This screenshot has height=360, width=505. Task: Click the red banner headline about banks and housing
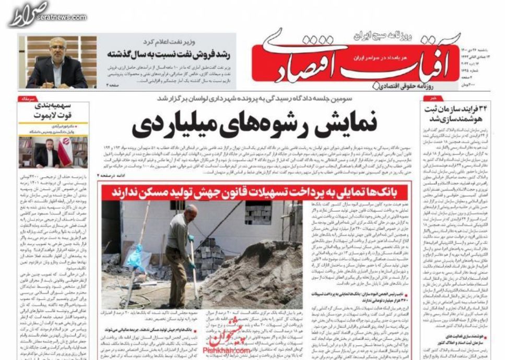click(255, 191)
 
